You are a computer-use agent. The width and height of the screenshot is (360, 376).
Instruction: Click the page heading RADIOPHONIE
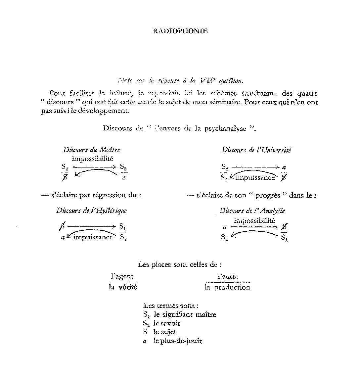(x=180, y=31)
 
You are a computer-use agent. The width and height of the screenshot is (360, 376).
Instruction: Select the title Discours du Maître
(x=92, y=150)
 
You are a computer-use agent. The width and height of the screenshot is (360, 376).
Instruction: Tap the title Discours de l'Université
(x=256, y=150)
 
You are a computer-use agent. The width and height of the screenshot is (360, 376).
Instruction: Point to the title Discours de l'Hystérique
(x=91, y=211)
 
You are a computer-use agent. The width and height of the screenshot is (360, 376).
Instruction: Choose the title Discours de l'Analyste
(x=252, y=211)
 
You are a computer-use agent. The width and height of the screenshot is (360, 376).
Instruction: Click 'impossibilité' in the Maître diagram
(x=93, y=159)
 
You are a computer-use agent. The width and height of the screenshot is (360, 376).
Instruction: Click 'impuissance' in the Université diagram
(x=255, y=177)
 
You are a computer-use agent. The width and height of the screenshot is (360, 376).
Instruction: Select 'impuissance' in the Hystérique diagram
(x=93, y=237)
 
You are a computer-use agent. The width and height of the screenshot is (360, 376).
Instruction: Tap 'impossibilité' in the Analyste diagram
(x=254, y=220)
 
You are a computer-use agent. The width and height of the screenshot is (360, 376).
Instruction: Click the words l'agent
(x=122, y=276)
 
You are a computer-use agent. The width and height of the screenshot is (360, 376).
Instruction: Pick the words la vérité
(x=123, y=287)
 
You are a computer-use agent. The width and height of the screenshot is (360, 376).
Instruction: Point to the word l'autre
(x=228, y=276)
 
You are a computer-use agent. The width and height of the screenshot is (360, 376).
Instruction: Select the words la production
(x=227, y=287)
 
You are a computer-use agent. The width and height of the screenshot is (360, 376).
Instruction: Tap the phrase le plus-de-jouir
(x=177, y=341)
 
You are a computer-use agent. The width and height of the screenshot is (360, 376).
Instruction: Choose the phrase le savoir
(x=167, y=323)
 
